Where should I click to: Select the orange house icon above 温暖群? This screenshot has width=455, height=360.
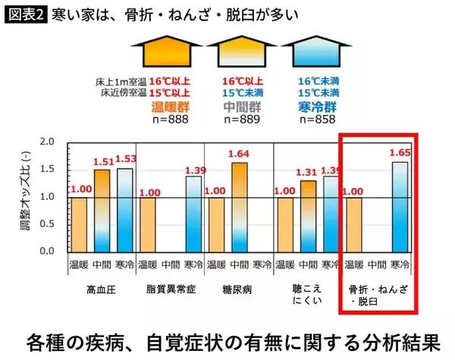click(x=170, y=52)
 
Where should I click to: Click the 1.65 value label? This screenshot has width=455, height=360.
click(x=400, y=152)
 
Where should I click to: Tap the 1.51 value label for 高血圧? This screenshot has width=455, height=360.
click(x=102, y=161)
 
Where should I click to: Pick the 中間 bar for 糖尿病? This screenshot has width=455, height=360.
click(x=240, y=206)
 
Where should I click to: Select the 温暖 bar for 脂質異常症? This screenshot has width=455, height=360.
click(x=149, y=224)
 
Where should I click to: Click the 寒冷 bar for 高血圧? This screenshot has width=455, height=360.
click(x=125, y=209)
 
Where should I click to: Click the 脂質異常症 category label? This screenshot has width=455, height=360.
click(x=171, y=290)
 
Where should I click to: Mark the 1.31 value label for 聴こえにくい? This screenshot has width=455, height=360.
click(x=308, y=171)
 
